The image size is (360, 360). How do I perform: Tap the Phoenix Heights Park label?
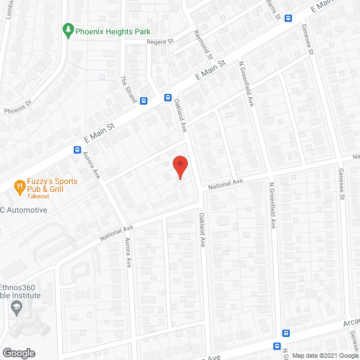[x=113, y=31]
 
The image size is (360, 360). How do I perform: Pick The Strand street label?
[x=129, y=89]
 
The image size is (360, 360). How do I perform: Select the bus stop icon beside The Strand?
[x=144, y=101]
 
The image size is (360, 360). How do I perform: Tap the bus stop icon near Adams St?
[x=289, y=18]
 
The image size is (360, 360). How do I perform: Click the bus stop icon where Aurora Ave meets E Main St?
[x=77, y=150]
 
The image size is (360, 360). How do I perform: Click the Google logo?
[x=18, y=353]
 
